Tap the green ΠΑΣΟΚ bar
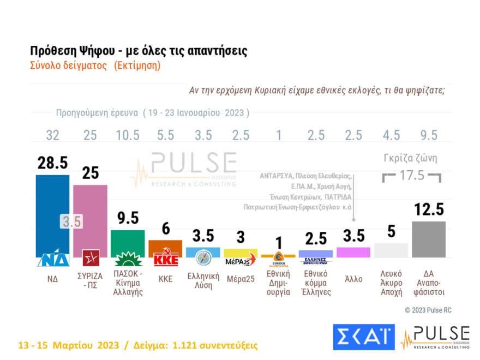(128, 240)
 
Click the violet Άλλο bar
(353, 252)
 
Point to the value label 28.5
(53, 163)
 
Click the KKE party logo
(165, 259)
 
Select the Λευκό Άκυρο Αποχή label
(391, 283)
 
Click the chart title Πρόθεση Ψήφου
(139, 51)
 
